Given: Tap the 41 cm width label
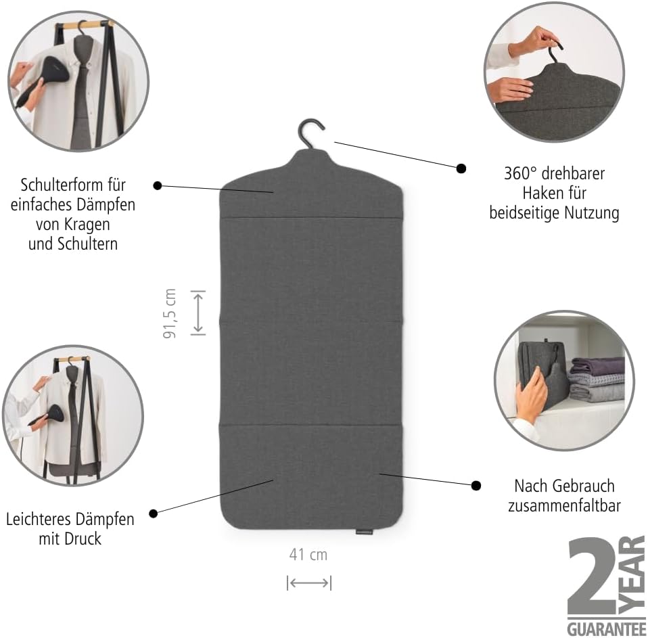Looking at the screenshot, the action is click(308, 555).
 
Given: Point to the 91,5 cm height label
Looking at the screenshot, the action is click(169, 313).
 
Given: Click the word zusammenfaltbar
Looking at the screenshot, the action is click(564, 505).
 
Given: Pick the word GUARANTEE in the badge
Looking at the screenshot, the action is click(606, 629).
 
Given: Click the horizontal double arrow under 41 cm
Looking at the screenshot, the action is click(309, 583).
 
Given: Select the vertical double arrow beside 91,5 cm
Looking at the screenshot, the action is click(198, 313).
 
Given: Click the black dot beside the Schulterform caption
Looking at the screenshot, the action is click(158, 185).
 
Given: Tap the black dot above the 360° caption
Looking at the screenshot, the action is click(461, 168).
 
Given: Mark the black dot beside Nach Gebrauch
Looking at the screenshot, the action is click(476, 485).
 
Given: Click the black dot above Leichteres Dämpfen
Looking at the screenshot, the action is click(154, 514).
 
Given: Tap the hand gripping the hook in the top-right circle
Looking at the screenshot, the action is click(536, 41).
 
